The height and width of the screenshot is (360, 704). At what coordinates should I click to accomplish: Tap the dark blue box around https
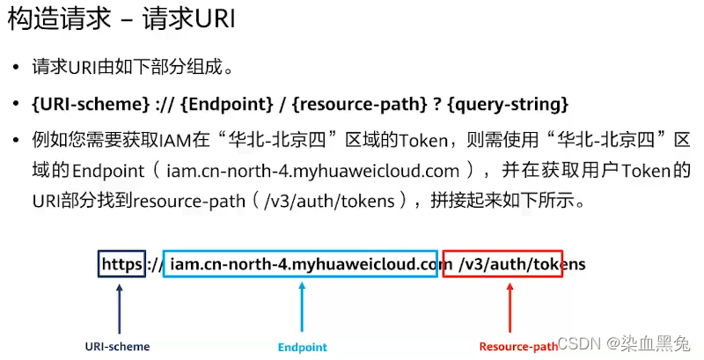click(x=121, y=263)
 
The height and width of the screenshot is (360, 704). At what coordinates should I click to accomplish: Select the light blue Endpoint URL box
click(x=300, y=263)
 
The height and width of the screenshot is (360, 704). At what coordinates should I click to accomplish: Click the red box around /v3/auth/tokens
click(x=502, y=263)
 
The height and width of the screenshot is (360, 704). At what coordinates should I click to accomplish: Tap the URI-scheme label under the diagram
click(x=117, y=346)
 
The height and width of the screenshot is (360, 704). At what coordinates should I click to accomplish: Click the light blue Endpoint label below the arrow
click(x=302, y=347)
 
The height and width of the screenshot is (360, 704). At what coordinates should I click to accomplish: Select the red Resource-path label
click(x=518, y=347)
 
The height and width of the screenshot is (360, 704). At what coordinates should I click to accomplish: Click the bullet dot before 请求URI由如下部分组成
click(x=16, y=68)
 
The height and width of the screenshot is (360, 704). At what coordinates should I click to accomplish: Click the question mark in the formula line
click(x=436, y=104)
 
